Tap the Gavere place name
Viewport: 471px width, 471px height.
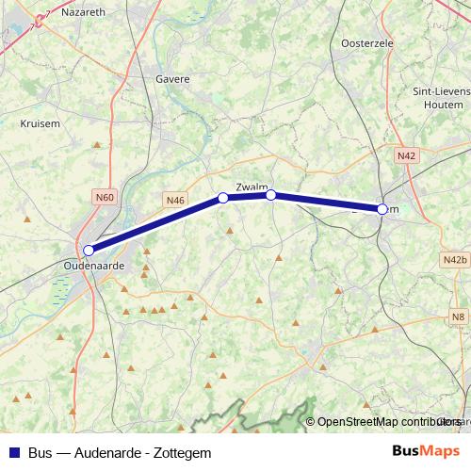172,81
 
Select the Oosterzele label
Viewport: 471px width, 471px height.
365,43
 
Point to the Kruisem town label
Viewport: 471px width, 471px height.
40,122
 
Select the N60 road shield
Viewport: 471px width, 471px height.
105,197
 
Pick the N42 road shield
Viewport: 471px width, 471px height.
407,155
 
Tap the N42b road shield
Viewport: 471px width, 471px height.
454,259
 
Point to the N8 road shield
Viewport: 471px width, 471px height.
458,317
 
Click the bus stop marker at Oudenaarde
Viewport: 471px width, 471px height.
89,251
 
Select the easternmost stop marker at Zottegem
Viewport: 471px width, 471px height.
382,209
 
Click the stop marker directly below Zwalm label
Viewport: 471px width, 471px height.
270,195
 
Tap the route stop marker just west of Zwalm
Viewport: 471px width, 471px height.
223,198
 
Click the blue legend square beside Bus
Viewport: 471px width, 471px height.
14,452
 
